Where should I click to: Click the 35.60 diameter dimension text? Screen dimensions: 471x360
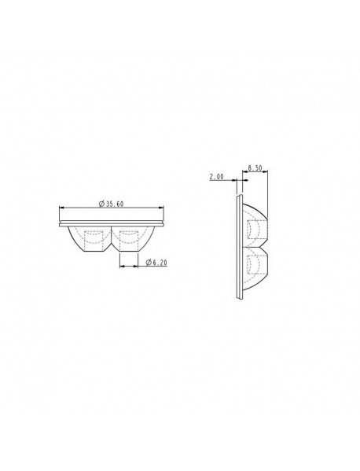coord(115,204)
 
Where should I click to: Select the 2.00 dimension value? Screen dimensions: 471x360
coord(216,178)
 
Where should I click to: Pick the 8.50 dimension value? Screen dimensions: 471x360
coord(255,167)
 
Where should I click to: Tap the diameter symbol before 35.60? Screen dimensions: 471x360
coord(102,204)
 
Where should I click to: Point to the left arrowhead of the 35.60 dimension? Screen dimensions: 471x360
coord(61,208)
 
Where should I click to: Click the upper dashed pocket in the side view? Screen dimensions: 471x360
coord(253,229)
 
